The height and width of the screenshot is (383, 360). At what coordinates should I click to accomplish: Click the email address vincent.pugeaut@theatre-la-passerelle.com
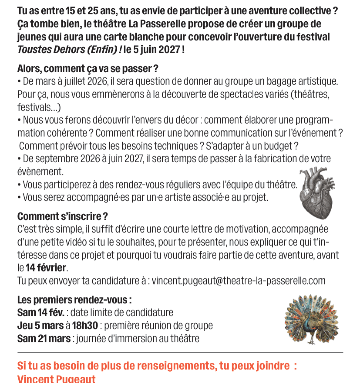click(239, 281)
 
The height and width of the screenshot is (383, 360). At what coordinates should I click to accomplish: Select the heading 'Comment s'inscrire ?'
click(62, 216)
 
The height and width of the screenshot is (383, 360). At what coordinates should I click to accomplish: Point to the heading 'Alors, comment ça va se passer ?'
click(88, 69)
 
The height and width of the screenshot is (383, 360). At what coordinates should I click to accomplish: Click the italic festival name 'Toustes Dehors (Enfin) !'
click(69, 50)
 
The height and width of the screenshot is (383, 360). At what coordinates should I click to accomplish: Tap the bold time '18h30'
click(85, 325)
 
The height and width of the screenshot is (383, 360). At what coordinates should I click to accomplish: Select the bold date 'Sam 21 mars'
click(44, 338)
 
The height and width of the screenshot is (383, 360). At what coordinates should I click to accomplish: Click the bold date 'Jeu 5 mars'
click(40, 325)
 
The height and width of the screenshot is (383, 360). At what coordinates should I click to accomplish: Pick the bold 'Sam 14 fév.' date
click(41, 312)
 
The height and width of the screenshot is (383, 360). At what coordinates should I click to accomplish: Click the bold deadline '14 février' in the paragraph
click(46, 268)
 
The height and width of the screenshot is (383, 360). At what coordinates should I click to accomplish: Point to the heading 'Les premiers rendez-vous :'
click(74, 300)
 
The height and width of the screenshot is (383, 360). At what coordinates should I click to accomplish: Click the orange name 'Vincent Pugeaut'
click(56, 379)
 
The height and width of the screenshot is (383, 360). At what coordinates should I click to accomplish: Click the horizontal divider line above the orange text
click(180, 352)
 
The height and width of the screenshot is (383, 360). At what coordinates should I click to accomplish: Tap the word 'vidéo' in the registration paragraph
click(88, 242)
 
